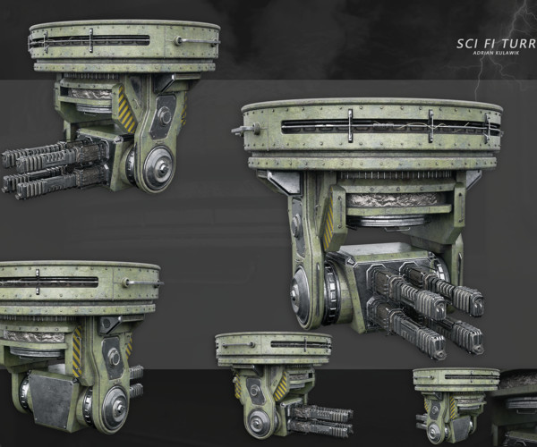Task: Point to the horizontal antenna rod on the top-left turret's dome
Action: [x=196, y=41]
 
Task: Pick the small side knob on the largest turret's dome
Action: [x=240, y=131]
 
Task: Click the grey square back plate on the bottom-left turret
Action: [x=53, y=402]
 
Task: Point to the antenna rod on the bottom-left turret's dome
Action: [x=143, y=283]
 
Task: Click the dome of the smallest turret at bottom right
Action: [x=456, y=377]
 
